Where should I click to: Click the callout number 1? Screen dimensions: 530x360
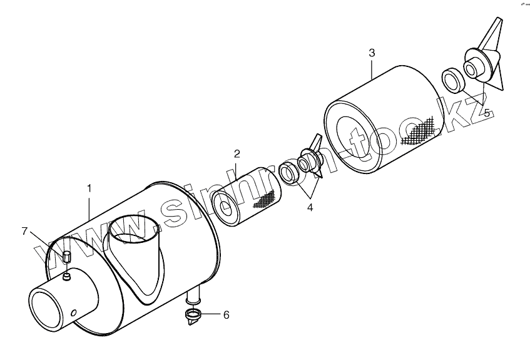pyautogui.click(x=89, y=187)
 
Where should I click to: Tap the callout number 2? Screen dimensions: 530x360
pyautogui.click(x=237, y=153)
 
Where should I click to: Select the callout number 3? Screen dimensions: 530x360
pyautogui.click(x=372, y=53)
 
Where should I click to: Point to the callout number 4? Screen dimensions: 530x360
pyautogui.click(x=310, y=207)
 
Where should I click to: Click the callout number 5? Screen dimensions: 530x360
pyautogui.click(x=487, y=113)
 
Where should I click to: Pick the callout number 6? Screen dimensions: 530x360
pyautogui.click(x=226, y=315)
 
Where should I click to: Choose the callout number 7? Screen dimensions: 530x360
pyautogui.click(x=25, y=232)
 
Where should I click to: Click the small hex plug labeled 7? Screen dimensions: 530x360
pyautogui.click(x=67, y=257)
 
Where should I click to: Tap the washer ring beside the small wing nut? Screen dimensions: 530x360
pyautogui.click(x=288, y=172)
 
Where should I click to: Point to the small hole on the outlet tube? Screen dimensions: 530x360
pyautogui.click(x=74, y=312)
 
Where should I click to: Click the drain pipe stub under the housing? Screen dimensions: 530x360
pyautogui.click(x=195, y=294)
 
